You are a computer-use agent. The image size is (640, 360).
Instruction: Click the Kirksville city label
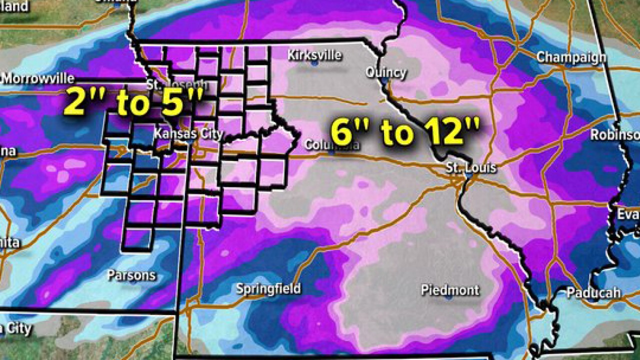(314, 55)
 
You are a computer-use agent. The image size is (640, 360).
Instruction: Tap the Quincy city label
(386, 72)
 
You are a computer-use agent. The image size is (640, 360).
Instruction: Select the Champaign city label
(571, 57)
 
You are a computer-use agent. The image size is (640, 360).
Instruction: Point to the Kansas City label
(188, 133)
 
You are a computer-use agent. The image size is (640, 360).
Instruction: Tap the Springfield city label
(268, 288)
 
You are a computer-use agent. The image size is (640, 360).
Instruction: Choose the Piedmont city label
(450, 290)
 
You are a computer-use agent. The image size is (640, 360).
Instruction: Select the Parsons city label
(131, 275)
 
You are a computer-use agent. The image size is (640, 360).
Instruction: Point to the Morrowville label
(37, 78)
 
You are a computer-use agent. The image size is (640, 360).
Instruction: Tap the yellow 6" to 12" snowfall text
(405, 131)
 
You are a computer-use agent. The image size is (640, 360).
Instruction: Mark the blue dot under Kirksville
(314, 64)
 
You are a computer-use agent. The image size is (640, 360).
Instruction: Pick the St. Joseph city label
(176, 83)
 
